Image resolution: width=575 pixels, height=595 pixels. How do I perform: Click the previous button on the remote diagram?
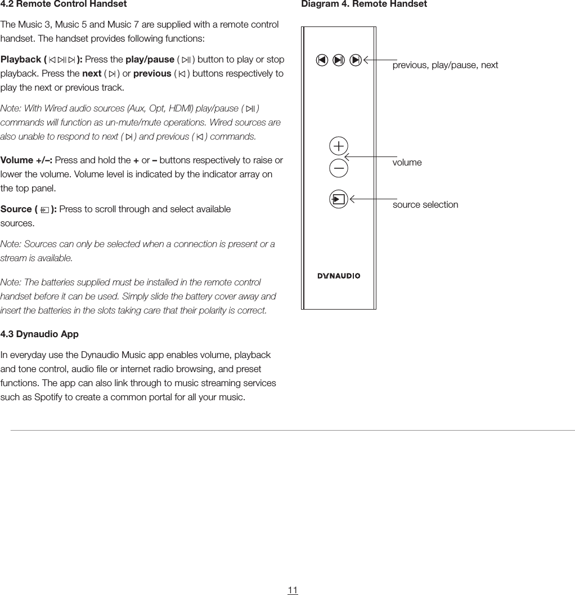pyautogui.click(x=321, y=60)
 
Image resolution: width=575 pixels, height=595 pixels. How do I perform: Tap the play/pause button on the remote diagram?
pyautogui.click(x=339, y=60)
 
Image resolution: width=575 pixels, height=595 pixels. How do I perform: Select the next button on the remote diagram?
pyautogui.click(x=356, y=60)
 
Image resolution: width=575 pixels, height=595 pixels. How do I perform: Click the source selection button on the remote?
pyautogui.click(x=339, y=199)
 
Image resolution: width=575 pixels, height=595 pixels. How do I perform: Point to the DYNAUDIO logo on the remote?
pyautogui.click(x=339, y=276)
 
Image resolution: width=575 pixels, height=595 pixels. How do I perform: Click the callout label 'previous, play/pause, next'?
pyautogui.click(x=445, y=65)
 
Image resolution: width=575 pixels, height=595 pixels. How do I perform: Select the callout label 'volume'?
pyautogui.click(x=407, y=163)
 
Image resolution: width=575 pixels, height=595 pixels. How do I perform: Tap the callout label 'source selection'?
pyautogui.click(x=425, y=205)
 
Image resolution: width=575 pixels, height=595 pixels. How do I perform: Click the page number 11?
pyautogui.click(x=293, y=590)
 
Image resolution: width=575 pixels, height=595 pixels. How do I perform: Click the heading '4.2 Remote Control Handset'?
pyautogui.click(x=64, y=5)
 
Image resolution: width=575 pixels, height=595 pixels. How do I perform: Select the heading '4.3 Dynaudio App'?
pyautogui.click(x=39, y=334)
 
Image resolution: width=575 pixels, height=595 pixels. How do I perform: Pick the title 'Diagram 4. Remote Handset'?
pyautogui.click(x=364, y=5)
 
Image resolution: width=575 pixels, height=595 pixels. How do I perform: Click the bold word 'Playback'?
pyautogui.click(x=21, y=60)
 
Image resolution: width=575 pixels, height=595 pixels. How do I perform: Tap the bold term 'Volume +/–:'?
pyautogui.click(x=26, y=160)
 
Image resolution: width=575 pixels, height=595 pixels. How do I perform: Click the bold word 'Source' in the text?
pyautogui.click(x=16, y=209)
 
